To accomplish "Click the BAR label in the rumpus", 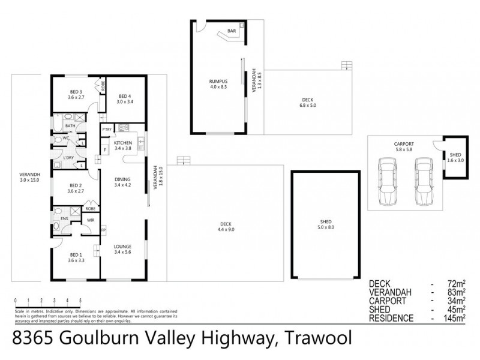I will [231, 31].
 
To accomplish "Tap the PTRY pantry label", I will [107, 130].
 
